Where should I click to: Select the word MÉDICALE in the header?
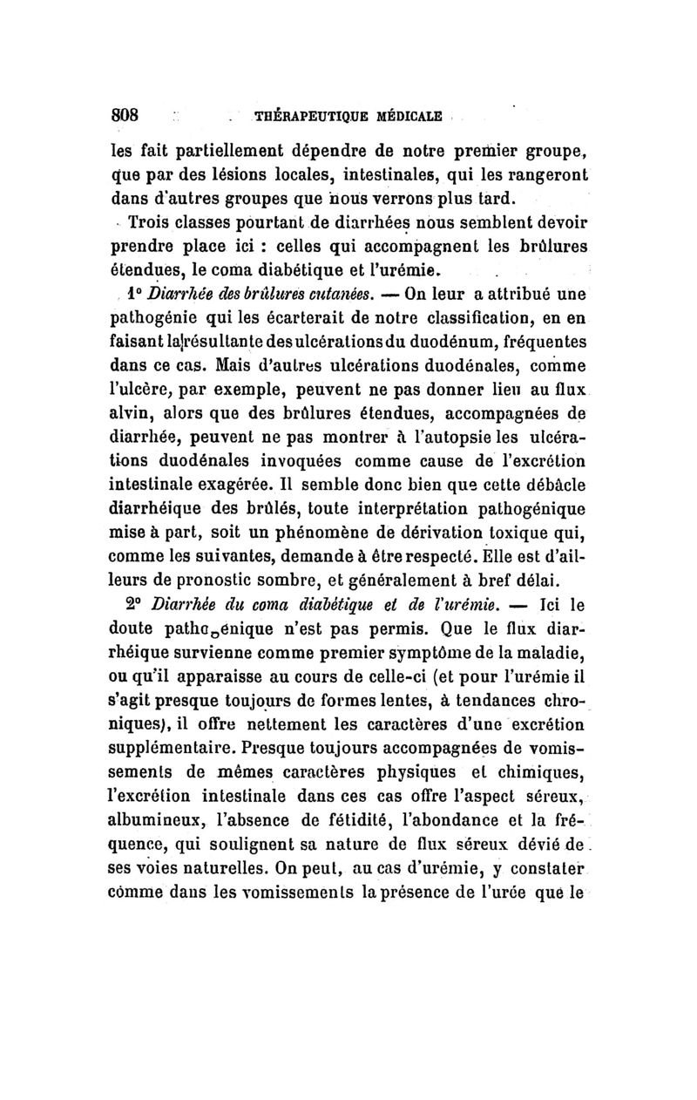405,117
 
